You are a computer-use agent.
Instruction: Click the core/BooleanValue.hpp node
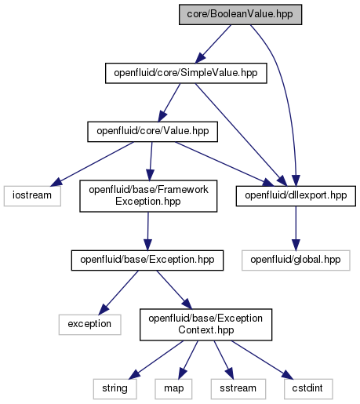coord(240,15)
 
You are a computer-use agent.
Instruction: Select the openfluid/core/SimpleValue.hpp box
coord(186,73)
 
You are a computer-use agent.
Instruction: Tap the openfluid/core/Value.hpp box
coord(152,132)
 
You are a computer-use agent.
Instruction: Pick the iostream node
coord(32,196)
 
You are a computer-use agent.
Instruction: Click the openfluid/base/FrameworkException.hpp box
coord(148,196)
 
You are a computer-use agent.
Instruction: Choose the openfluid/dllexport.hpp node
coord(296,196)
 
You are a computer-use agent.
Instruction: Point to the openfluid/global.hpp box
coord(296,260)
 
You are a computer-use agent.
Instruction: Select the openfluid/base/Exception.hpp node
coord(147,260)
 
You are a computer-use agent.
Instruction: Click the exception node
coord(89,325)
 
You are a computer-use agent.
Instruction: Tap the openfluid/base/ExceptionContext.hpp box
coord(205,325)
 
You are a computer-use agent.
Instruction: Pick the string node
coord(115,389)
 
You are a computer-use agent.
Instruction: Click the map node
coord(173,389)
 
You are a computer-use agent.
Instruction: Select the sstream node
coord(238,389)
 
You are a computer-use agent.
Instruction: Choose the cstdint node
coord(308,389)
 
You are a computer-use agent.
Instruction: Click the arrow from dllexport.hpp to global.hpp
coord(296,228)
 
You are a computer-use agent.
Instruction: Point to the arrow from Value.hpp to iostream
coord(92,164)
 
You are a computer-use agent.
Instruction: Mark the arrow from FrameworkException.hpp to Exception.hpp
coord(147,231)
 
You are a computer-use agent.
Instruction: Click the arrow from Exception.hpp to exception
coord(118,293)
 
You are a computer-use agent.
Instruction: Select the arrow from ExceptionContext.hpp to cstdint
coord(262,360)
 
